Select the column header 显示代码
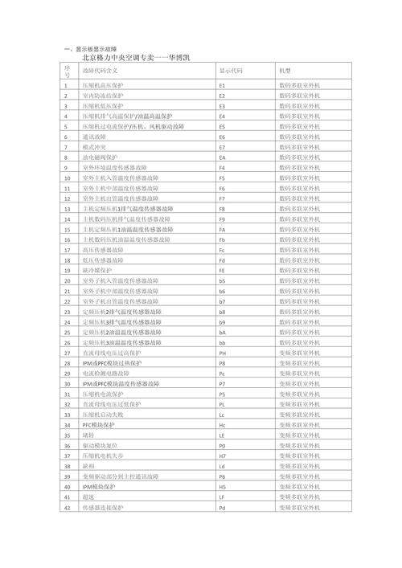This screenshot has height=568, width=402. [231, 72]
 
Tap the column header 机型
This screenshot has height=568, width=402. [285, 72]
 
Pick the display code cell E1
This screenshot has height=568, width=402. [223, 84]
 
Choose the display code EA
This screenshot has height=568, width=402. [223, 157]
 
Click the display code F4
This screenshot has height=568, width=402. [223, 167]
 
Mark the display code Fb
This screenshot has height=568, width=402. [223, 239]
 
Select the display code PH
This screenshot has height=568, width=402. [223, 352]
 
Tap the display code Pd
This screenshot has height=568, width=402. [223, 509]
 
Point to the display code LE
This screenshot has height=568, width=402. [223, 435]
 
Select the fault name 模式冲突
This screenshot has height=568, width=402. [95, 147]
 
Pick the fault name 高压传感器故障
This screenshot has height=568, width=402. [103, 250]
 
